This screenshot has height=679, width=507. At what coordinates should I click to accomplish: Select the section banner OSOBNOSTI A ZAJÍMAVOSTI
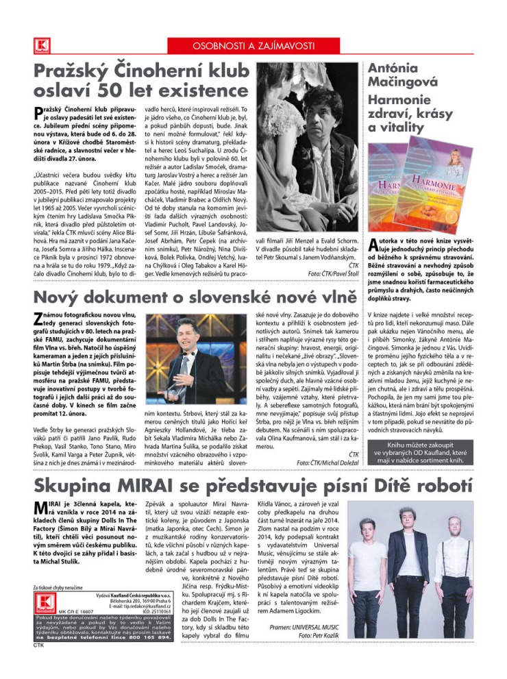tap(253, 46)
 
